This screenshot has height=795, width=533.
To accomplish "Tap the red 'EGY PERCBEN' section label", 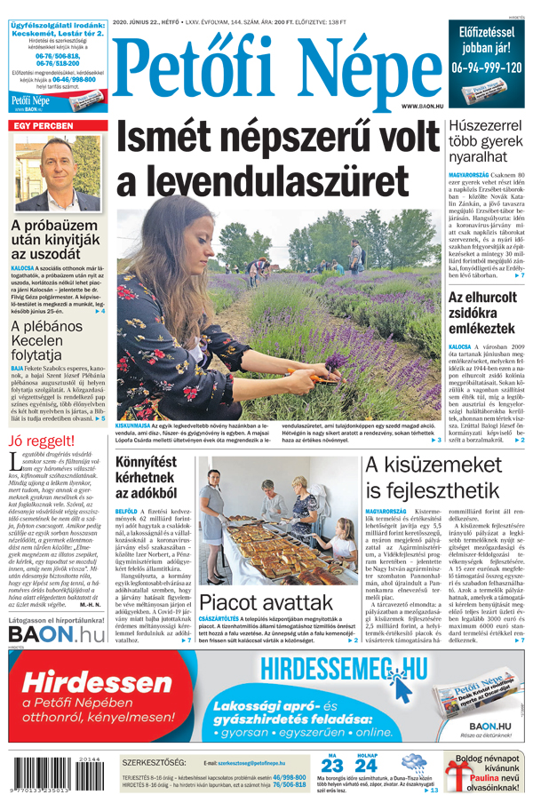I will [41, 126].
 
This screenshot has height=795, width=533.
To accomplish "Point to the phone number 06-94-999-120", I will [486, 68].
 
